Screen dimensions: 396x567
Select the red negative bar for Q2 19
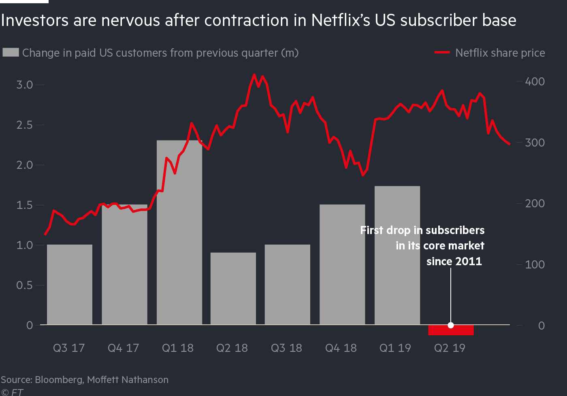coord(451,330)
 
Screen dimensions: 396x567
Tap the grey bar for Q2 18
coord(233,288)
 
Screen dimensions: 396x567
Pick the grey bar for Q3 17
coord(70,284)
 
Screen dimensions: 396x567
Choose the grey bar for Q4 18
coord(342,264)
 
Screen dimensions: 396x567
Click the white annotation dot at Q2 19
coord(451,325)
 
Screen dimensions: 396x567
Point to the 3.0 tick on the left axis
coord(24,85)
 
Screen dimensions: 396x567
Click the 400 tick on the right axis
coord(535,81)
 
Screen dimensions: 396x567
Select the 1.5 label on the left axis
coord(24,205)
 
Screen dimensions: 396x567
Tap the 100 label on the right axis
coord(535,264)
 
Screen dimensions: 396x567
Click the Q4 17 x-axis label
coord(123,348)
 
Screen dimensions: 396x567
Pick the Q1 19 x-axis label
coord(395,348)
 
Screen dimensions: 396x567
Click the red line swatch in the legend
coord(442,52)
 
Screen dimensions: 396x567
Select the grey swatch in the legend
coord(11,52)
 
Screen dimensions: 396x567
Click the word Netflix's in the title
coord(340,20)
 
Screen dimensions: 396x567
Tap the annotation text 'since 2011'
coord(454,261)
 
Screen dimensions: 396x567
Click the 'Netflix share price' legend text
coord(500,53)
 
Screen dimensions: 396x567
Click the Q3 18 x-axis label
coord(286,348)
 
